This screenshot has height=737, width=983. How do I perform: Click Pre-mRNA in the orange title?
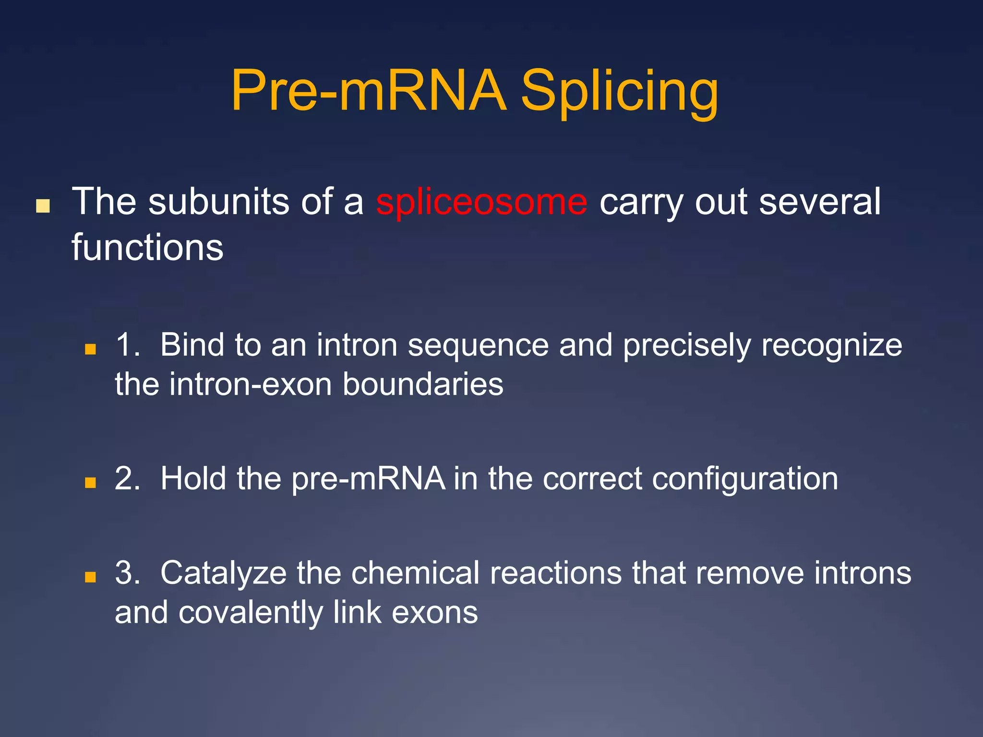(369, 91)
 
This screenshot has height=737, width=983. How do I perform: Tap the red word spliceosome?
(481, 202)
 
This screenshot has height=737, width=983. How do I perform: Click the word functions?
(147, 248)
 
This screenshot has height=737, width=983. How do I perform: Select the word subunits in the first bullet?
(219, 202)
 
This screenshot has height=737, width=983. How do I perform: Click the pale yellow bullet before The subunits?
(43, 206)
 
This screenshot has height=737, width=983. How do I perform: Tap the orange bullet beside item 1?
(90, 349)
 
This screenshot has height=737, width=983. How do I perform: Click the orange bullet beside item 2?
(90, 482)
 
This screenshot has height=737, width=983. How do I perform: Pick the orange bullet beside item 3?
(90, 576)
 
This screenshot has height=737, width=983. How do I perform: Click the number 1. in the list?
(128, 345)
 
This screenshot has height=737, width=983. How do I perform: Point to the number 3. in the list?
(128, 573)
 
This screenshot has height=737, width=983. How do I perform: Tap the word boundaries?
(423, 384)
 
